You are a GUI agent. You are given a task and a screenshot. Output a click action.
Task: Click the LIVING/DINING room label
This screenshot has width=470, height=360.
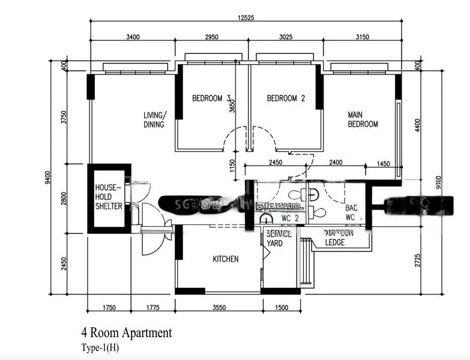coord(155,120)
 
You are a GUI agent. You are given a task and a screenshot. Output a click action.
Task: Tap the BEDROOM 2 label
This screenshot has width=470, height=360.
coord(286,99)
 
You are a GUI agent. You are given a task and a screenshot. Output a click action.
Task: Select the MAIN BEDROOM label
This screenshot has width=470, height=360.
coord(363,119)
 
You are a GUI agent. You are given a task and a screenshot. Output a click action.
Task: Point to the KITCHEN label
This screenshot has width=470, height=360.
coord(226,259)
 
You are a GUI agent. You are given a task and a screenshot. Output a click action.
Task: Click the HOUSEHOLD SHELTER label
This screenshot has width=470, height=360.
coord(109,197)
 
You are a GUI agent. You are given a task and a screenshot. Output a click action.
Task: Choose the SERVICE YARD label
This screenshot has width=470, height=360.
coord(278,238)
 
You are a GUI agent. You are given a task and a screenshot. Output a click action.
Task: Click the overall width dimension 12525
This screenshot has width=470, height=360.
coord(246,18)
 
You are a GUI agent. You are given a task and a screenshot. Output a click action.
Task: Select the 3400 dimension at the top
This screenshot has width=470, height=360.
coord(133,37)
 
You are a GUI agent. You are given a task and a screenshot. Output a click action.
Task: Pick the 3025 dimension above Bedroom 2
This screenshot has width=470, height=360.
coord(286,37)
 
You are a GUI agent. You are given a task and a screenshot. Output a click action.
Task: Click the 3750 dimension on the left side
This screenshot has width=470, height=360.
coord(64,118)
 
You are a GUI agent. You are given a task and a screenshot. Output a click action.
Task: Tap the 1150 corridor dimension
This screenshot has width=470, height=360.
coord(233,166)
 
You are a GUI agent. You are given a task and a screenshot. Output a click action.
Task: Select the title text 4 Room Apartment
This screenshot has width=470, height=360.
coord(127,333)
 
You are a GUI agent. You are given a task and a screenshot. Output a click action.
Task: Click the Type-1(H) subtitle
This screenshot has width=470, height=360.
coord(100,347)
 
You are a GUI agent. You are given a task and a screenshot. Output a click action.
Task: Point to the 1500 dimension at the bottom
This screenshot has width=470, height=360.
coord(281,308)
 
